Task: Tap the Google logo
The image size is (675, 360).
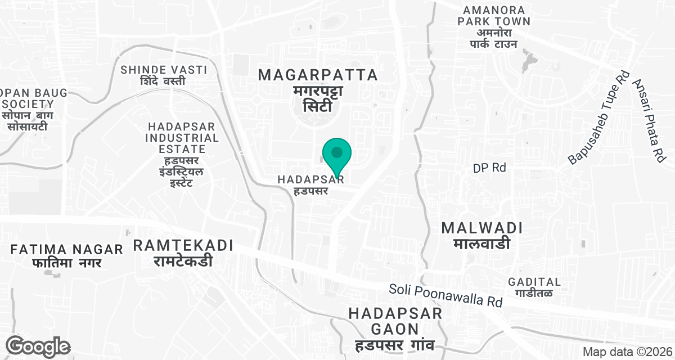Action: tap(39, 346)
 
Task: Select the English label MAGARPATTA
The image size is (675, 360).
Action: tap(317, 75)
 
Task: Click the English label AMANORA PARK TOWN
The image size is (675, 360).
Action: tap(494, 16)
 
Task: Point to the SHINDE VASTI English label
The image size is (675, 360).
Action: tap(164, 70)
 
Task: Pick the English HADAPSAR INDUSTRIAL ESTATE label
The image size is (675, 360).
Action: tap(182, 137)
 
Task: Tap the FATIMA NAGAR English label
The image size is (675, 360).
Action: tap(67, 249)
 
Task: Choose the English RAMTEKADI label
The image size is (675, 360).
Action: tap(183, 245)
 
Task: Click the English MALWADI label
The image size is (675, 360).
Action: tap(482, 228)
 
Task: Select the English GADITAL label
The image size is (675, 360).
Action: tap(534, 282)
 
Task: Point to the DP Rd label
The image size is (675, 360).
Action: tap(489, 168)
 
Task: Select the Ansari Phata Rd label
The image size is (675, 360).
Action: tap(649, 121)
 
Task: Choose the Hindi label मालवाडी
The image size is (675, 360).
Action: tap(482, 244)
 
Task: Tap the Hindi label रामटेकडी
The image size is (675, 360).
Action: tap(183, 261)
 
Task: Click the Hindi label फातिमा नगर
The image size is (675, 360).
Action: tap(67, 263)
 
